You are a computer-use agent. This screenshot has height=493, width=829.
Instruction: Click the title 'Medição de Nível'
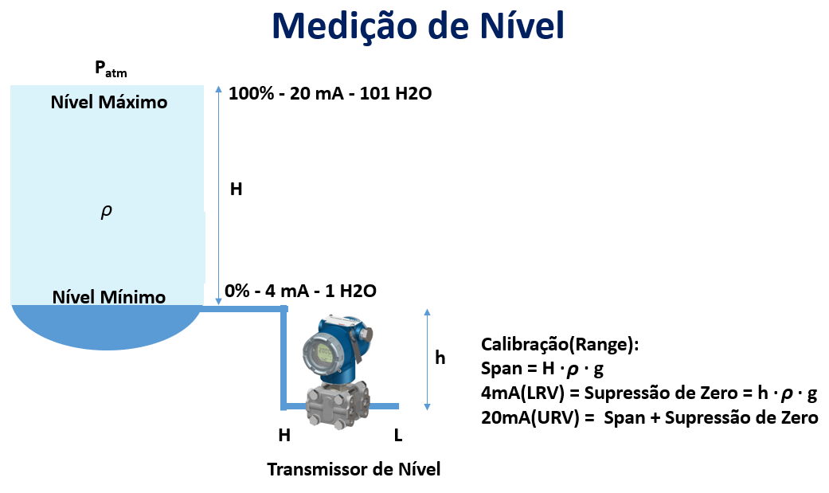pos(417,25)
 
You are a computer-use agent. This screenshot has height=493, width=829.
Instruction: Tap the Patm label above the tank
pos(111,68)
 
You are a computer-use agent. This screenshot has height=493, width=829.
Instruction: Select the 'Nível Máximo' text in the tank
pos(109,102)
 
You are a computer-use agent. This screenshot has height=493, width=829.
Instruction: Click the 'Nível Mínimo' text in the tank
pos(109,297)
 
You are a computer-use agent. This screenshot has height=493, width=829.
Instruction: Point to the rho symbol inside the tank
pos(106,212)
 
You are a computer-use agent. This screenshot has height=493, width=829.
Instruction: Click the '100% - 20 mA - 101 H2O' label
pos(330,94)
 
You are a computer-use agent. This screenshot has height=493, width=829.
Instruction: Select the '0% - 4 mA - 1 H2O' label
pos(300,291)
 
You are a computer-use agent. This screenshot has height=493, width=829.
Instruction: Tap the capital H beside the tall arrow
pos(236,189)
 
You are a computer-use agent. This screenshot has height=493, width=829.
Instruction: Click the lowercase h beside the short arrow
pos(440,358)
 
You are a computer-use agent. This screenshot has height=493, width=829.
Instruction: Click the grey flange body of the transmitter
pos(338,404)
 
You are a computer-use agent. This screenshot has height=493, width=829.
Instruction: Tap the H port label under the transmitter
pos(284,435)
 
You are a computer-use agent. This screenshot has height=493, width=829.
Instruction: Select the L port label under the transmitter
pos(398,435)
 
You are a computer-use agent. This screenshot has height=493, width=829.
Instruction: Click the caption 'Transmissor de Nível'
pos(354,469)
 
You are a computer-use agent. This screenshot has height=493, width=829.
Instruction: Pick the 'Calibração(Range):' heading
pos(560,345)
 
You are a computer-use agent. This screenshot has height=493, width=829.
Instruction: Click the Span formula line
pos(542,369)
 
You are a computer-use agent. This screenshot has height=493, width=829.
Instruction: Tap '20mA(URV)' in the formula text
pos(530,418)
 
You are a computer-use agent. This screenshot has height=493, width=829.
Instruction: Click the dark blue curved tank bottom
pos(107,327)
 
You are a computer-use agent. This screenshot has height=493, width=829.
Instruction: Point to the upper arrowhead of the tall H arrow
pos(218,89)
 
